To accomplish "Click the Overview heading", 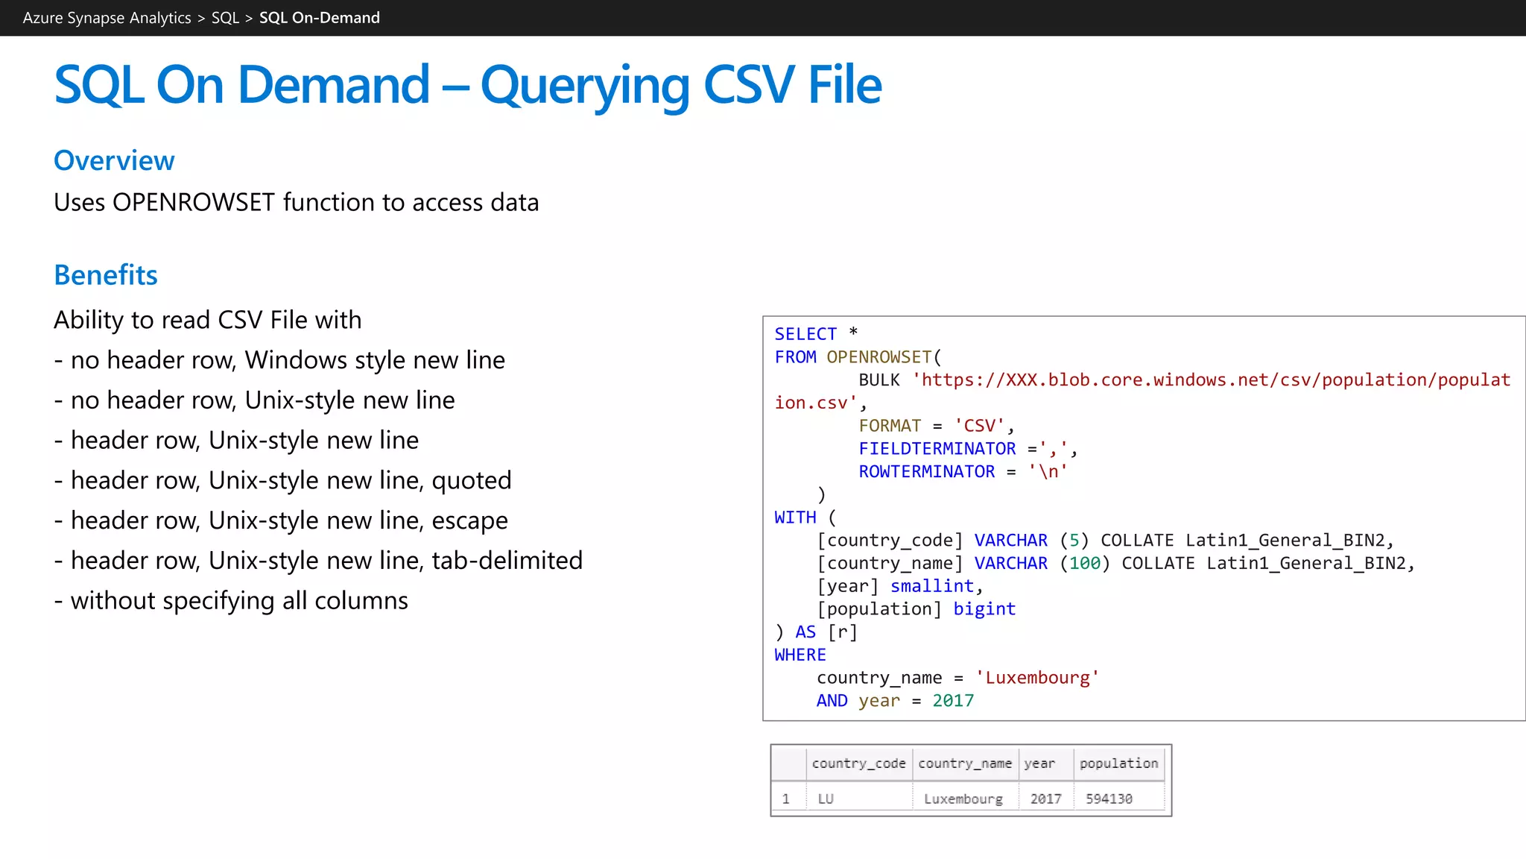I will coord(114,160).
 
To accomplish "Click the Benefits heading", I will coord(106,275).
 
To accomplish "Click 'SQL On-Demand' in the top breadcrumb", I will coord(319,18).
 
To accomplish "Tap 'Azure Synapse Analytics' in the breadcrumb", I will coord(107,18).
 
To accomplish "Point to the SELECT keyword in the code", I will coord(805,334).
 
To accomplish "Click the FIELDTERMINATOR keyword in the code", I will coord(937,449).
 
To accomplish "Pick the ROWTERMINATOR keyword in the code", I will coord(926,472).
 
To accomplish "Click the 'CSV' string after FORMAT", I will coord(979,426).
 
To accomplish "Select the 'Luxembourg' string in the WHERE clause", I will coord(1037,678).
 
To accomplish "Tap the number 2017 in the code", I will coord(953,701).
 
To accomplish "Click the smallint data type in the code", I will coord(931,586).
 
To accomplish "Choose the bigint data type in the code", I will coord(984,609).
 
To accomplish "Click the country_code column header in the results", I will coord(858,764).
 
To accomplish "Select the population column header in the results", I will coord(1118,764).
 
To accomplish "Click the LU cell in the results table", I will coord(826,799).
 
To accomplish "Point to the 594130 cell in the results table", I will coord(1109,799).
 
